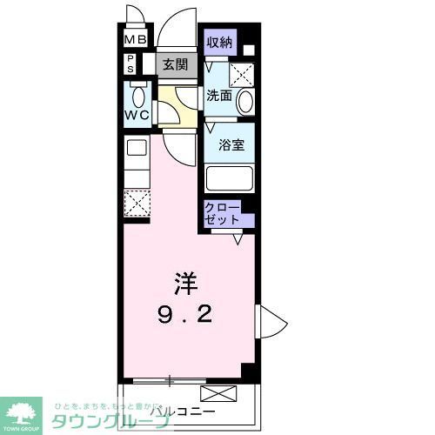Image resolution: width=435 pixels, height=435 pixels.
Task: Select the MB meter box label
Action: point(135,39)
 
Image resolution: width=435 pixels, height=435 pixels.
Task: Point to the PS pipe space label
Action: point(131,63)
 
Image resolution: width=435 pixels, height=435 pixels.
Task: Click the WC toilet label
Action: point(137,114)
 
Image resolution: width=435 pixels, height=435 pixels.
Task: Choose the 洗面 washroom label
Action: point(218,97)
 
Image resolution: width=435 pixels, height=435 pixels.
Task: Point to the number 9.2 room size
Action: point(184,314)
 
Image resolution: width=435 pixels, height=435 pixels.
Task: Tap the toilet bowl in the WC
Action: point(137,95)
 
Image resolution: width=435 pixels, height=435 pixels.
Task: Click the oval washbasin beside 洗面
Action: point(245,101)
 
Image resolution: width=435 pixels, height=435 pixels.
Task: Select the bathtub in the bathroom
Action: point(230,178)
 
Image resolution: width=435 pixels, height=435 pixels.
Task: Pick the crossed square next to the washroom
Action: point(242,74)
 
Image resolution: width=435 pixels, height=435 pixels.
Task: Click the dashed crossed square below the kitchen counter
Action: point(136,204)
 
